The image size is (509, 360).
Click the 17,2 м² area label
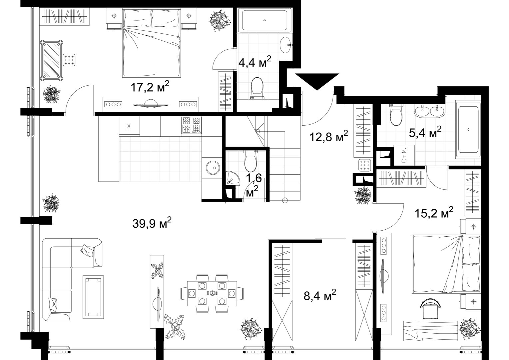(x=150, y=86)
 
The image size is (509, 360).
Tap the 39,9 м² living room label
(x=152, y=223)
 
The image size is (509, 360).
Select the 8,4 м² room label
(x=320, y=295)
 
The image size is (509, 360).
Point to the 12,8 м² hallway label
(x=328, y=136)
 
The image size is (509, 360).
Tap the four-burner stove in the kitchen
(x=191, y=125)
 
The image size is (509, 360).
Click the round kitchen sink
(x=213, y=168)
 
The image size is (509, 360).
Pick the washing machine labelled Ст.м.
(x=404, y=155)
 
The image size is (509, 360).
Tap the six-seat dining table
(x=212, y=293)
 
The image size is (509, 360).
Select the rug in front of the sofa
(x=93, y=297)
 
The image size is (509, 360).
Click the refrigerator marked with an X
(x=129, y=126)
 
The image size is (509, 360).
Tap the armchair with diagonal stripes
(x=51, y=60)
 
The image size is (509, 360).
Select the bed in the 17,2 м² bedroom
(x=152, y=43)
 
